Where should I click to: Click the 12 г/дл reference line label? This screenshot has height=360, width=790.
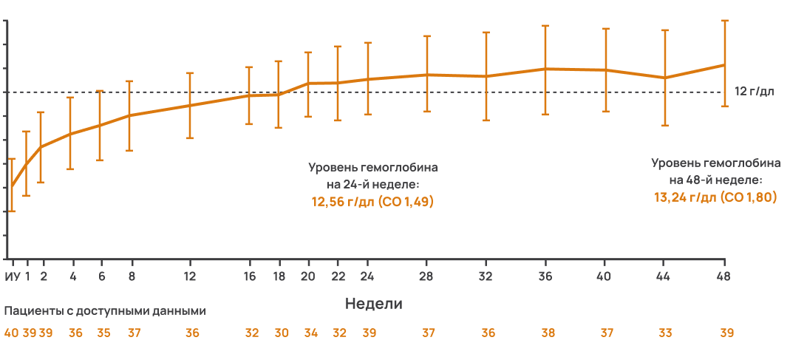[754, 92]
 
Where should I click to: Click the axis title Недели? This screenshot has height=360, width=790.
[373, 303]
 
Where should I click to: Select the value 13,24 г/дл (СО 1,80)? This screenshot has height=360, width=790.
[714, 197]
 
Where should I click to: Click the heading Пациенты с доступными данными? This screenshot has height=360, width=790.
[105, 311]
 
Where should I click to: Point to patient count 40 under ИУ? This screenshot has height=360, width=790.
[11, 333]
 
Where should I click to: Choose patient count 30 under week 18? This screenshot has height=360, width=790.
[281, 333]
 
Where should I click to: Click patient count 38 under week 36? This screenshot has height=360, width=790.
[548, 333]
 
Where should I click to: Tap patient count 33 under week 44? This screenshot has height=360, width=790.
[665, 333]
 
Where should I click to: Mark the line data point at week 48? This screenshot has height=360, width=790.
[723, 65]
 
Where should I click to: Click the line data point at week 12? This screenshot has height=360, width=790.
[190, 106]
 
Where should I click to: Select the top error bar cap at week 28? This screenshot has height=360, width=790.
[427, 36]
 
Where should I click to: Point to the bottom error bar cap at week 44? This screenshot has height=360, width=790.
[664, 126]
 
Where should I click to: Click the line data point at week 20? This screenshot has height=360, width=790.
[308, 84]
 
